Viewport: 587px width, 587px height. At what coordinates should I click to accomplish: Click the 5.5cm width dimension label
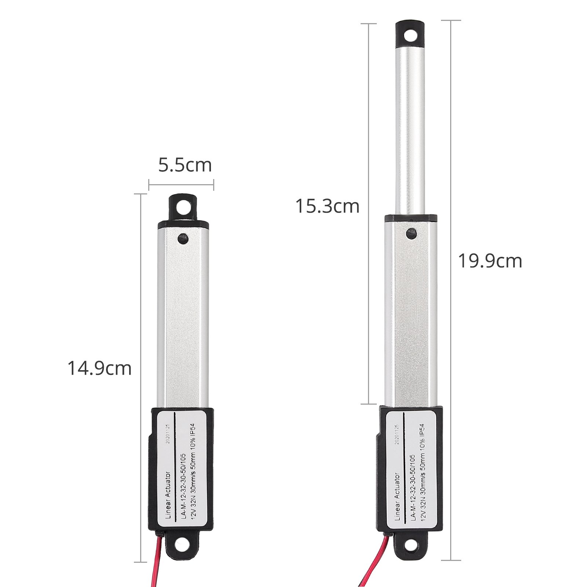click(x=185, y=165)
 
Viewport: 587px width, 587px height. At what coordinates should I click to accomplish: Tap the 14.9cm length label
click(x=99, y=368)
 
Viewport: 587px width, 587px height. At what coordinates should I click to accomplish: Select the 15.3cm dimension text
click(x=327, y=206)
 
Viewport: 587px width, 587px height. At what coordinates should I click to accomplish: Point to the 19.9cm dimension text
click(x=490, y=261)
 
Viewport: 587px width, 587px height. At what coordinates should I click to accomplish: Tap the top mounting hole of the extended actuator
click(x=410, y=36)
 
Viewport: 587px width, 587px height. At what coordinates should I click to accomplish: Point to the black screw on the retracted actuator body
click(x=183, y=239)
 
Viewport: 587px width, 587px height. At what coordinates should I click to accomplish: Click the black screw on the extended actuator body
click(x=411, y=233)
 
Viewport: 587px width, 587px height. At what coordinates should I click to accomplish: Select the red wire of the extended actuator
click(x=374, y=561)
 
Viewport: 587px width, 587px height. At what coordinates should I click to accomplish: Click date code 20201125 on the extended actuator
click(x=396, y=434)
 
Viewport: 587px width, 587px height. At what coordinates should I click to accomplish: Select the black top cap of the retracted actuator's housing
click(x=183, y=224)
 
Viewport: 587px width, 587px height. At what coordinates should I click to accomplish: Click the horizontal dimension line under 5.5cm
click(x=181, y=185)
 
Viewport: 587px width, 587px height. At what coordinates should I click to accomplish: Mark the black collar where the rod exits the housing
click(x=411, y=218)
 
